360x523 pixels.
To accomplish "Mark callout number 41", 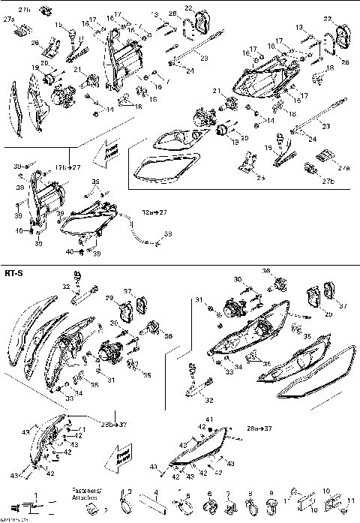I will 210,418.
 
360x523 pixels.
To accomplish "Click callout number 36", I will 265,271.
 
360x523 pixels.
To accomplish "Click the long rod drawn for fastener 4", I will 153,507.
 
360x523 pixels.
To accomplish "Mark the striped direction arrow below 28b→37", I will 124,454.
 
